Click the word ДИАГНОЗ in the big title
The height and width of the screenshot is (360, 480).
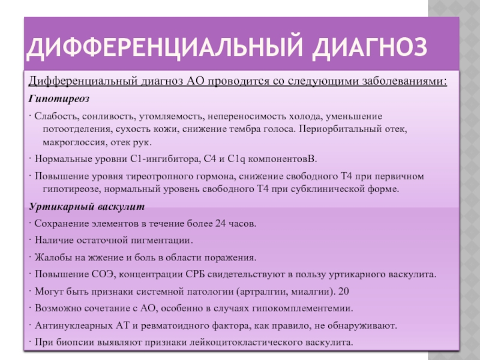[x=370, y=47]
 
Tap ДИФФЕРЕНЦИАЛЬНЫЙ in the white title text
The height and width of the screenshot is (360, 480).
[x=164, y=47]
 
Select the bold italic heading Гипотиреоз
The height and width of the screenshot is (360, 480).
[x=59, y=99]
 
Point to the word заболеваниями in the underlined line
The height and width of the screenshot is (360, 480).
[x=404, y=81]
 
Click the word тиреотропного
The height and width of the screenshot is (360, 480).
[x=155, y=176]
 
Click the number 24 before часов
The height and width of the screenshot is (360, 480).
[x=220, y=223]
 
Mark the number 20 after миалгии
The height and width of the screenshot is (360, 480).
[x=344, y=291]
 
